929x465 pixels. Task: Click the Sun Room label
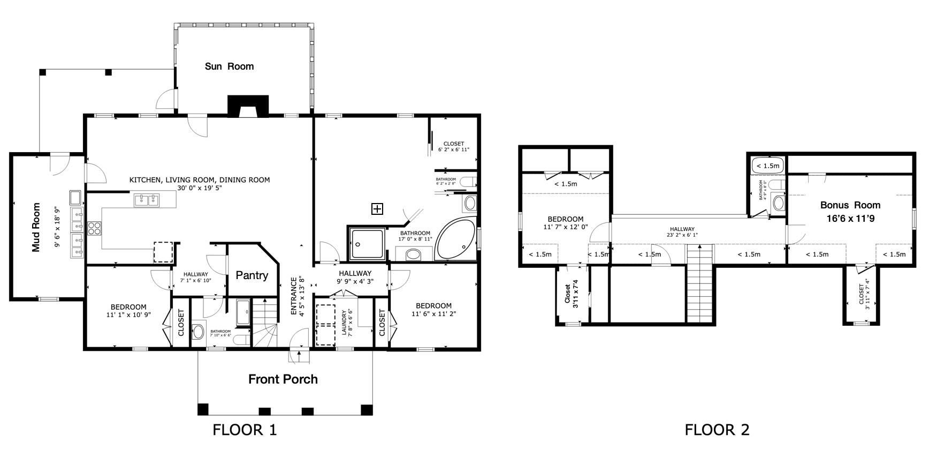click(x=229, y=66)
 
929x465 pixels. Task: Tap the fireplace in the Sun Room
click(x=248, y=106)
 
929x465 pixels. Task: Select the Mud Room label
click(x=36, y=227)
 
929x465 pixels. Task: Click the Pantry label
click(x=252, y=275)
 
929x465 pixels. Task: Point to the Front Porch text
click(x=283, y=379)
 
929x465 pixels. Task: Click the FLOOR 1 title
click(x=245, y=430)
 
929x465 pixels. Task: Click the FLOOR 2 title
click(x=717, y=430)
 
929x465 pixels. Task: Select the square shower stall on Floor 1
click(x=367, y=244)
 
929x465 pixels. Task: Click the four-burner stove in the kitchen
click(x=94, y=228)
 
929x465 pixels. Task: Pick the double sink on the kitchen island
click(x=147, y=200)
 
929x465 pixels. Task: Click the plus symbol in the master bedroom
click(x=377, y=209)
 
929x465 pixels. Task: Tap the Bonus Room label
click(x=850, y=205)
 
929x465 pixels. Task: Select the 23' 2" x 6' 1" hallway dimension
click(x=681, y=235)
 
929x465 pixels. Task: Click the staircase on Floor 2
click(x=700, y=284)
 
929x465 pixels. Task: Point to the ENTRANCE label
click(x=294, y=296)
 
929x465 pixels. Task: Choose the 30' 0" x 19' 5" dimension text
click(x=200, y=188)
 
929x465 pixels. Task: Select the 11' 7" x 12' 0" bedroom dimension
click(x=565, y=227)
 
